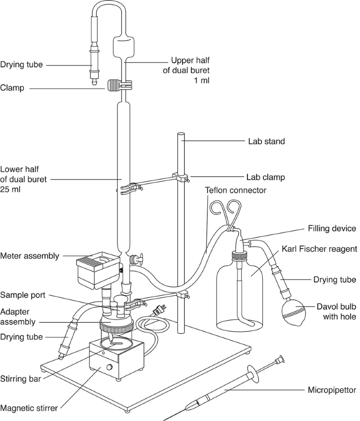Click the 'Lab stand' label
(x=263, y=141)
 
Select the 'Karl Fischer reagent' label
(x=320, y=249)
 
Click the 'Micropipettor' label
(x=332, y=391)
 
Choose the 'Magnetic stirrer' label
(x=31, y=407)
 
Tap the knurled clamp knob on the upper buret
(x=113, y=85)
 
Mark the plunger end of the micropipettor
(x=279, y=358)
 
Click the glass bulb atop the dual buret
(x=125, y=46)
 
